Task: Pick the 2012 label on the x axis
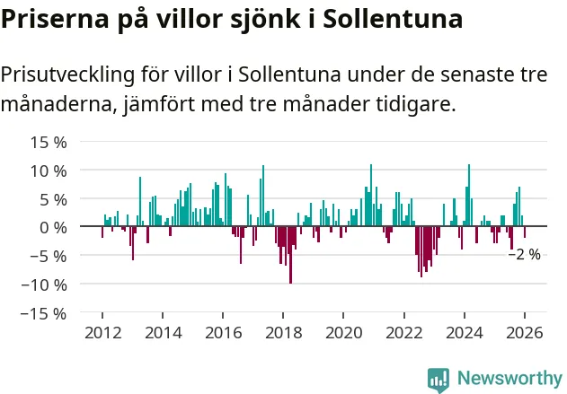tap(102, 333)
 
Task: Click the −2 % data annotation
tap(525, 254)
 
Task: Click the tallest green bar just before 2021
tap(371, 196)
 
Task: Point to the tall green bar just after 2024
tap(469, 196)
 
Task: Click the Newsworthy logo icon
tap(439, 379)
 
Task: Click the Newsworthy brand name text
tap(509, 379)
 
